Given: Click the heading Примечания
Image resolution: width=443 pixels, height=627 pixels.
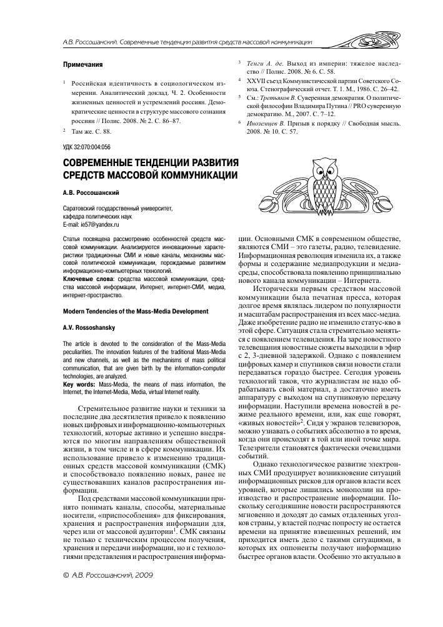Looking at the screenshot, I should click(x=84, y=64).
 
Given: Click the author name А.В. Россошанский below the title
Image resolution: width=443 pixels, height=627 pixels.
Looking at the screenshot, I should click(x=92, y=194).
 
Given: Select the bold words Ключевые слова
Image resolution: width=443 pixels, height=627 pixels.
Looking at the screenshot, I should click(x=84, y=278).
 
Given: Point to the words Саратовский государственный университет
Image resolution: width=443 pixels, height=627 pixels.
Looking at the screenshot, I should click(x=117, y=209).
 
